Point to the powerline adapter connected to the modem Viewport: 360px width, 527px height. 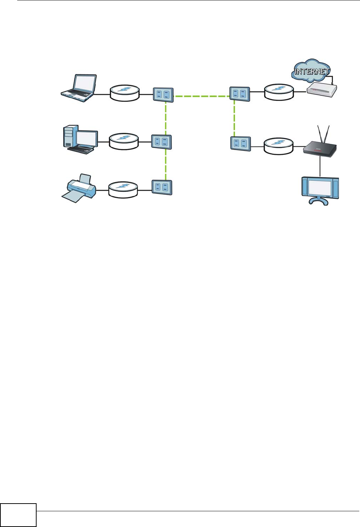279,91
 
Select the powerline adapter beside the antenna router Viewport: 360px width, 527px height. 278,145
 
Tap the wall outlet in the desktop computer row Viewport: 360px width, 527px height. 161,142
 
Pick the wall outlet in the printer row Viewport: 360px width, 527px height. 162,187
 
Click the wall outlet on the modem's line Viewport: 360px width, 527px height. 240,94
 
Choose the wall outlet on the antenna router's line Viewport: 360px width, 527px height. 241,143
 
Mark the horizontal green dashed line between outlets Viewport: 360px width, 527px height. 202,96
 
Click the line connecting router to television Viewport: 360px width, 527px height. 320,167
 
